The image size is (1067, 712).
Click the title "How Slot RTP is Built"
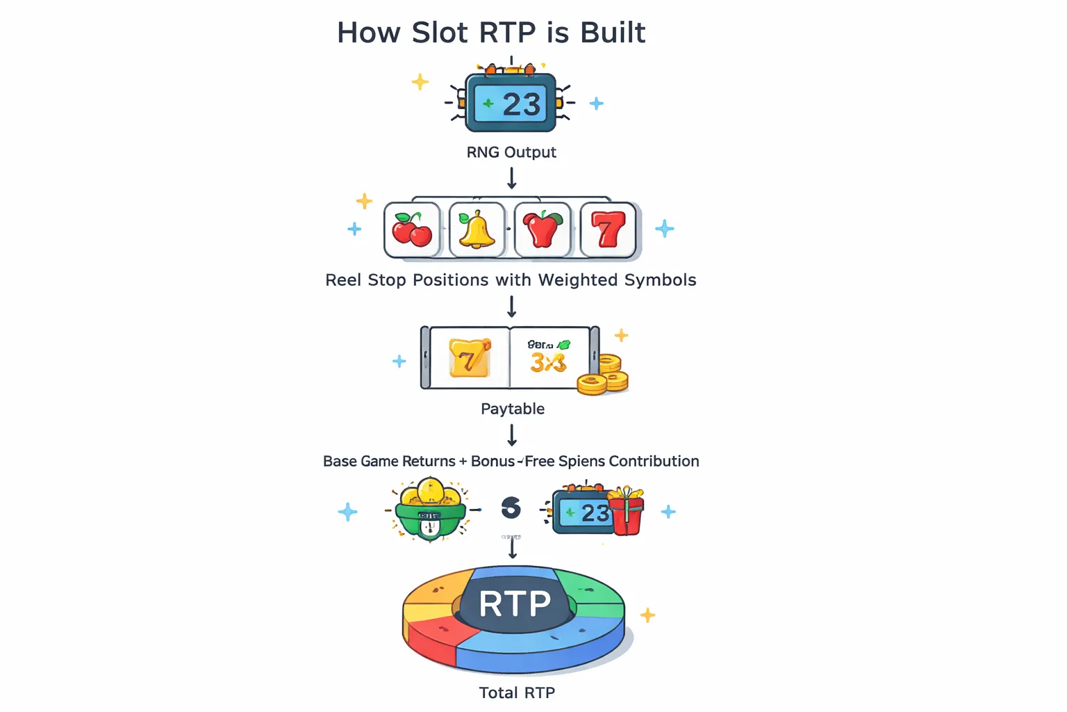[491, 33]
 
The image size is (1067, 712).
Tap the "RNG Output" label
[511, 152]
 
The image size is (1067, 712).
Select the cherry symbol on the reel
[411, 229]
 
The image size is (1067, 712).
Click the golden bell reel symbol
[477, 229]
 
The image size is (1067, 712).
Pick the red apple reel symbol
[543, 229]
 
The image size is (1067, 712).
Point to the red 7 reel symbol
[608, 229]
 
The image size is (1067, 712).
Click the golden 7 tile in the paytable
[469, 357]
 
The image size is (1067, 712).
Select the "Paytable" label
[513, 409]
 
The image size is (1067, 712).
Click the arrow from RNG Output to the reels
[512, 179]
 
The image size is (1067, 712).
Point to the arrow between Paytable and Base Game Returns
[512, 435]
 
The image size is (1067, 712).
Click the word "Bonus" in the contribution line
[493, 462]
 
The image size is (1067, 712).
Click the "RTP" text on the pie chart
[515, 604]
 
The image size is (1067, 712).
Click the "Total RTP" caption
[517, 693]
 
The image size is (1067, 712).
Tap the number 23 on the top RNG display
[521, 105]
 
